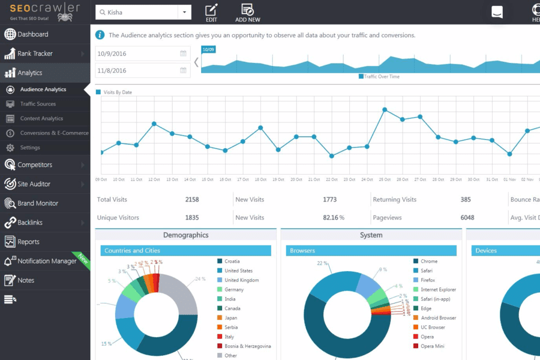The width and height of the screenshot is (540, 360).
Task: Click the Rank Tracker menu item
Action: click(35, 54)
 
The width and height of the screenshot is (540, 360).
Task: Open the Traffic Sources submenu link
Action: click(38, 104)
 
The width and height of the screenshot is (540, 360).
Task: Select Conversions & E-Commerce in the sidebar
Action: click(54, 133)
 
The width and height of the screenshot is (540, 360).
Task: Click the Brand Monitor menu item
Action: click(37, 203)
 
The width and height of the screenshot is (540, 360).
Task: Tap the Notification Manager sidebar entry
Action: click(47, 261)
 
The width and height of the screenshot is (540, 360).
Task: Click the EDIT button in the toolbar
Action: click(211, 13)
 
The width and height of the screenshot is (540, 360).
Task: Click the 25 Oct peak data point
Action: click(385, 110)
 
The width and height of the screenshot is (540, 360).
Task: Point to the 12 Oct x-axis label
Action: click(154, 179)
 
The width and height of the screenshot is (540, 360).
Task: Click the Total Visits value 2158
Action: click(192, 200)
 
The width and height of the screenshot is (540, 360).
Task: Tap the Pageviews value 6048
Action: click(467, 218)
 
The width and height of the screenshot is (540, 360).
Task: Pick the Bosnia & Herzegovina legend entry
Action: click(247, 346)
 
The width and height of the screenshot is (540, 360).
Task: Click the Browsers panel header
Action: click(371, 251)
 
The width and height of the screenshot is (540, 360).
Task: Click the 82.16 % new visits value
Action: click(334, 218)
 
